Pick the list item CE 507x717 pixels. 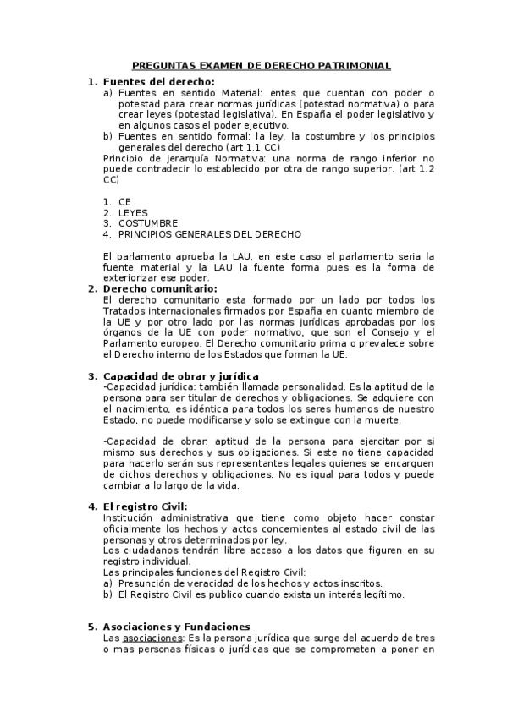coord(125,201)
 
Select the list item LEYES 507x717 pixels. coord(133,212)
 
